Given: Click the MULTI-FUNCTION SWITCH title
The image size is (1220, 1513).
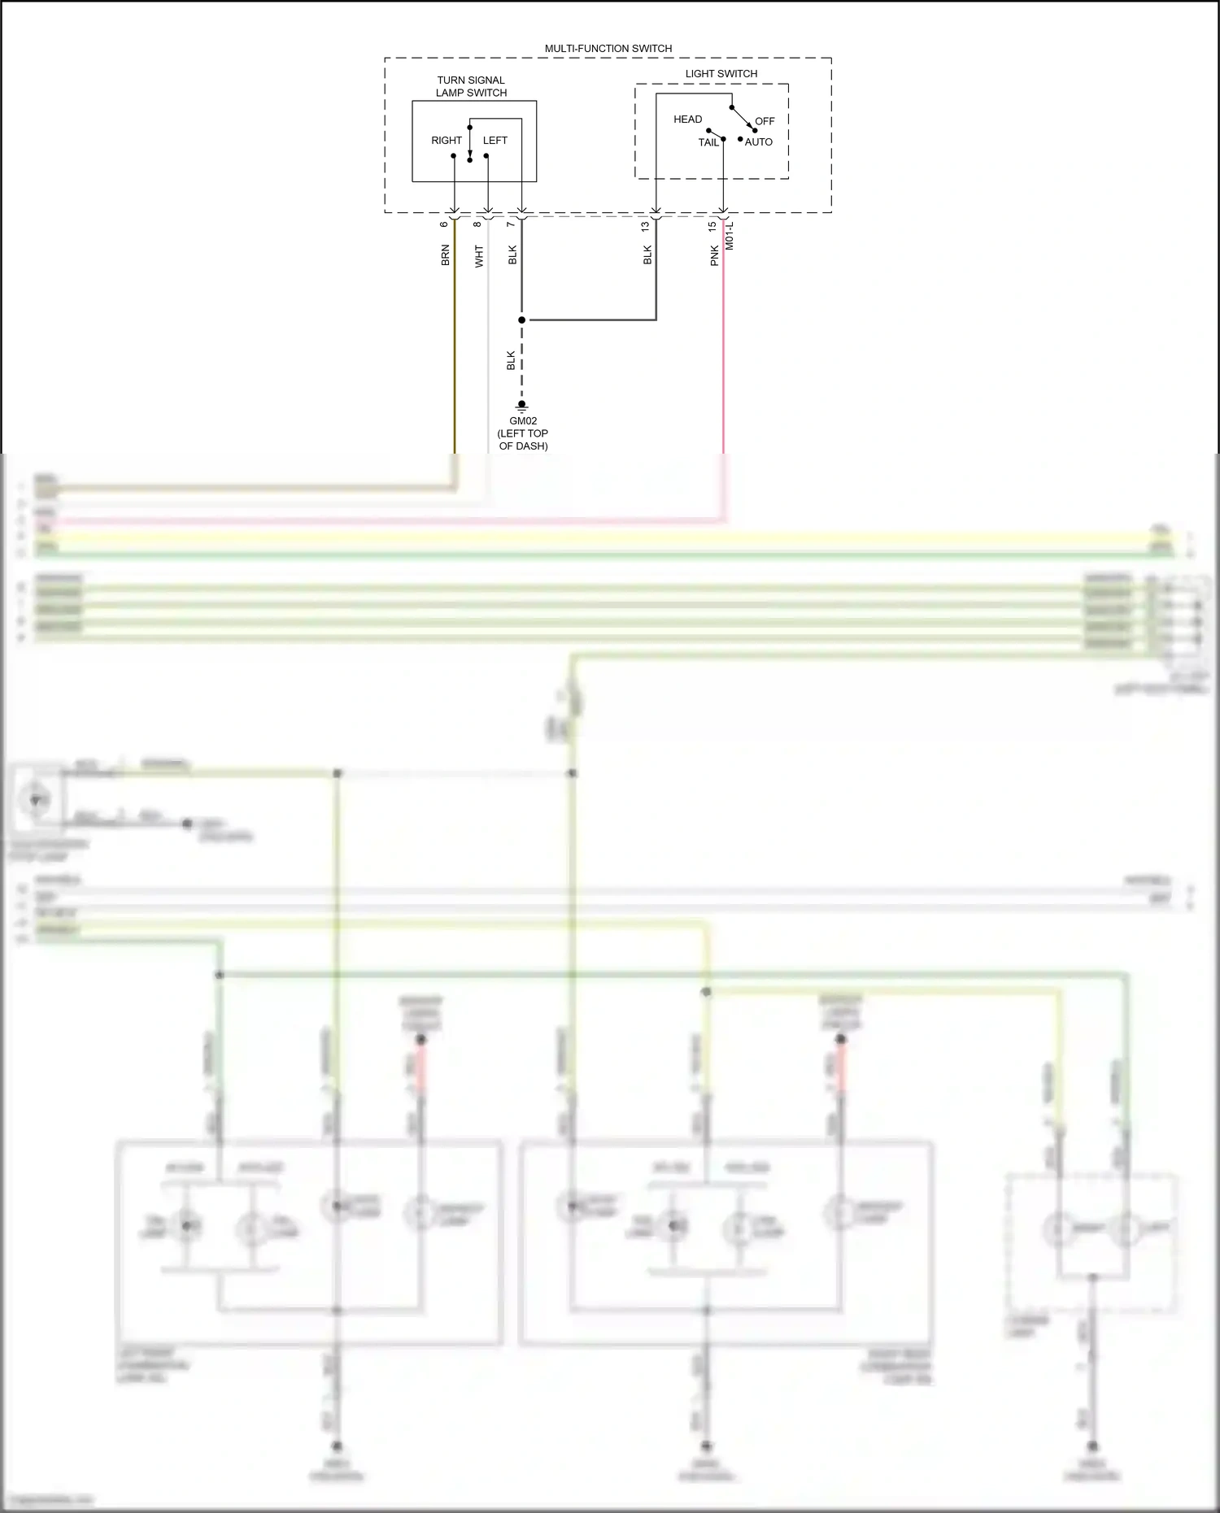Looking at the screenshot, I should [x=608, y=49].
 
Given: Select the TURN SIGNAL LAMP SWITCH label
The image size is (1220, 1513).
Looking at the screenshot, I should [x=471, y=86].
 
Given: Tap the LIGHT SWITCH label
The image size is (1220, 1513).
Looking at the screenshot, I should [x=721, y=74].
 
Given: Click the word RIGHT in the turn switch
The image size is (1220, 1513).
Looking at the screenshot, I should [x=447, y=141].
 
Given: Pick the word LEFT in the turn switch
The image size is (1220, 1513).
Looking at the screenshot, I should [x=495, y=141].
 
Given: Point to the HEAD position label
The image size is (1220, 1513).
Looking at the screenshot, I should [x=687, y=120].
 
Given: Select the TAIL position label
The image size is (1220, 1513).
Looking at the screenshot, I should [x=708, y=142].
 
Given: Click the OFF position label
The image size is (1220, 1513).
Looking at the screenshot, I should [x=765, y=121].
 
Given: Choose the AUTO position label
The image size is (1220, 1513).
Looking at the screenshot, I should [x=759, y=142].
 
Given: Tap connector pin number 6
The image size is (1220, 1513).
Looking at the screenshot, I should [x=444, y=224].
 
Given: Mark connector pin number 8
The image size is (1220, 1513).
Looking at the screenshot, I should [x=477, y=224].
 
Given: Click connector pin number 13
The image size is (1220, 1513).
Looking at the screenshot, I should [x=645, y=227].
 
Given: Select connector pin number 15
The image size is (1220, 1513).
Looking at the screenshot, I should [x=712, y=227].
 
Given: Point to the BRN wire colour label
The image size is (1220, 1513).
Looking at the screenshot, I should [x=445, y=255].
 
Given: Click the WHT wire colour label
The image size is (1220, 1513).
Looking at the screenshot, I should [x=479, y=256].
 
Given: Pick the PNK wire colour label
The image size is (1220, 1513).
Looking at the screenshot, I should [x=714, y=255].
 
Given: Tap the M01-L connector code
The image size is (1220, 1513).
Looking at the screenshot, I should [x=730, y=235].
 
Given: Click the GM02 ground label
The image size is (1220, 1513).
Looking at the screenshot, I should [x=523, y=421].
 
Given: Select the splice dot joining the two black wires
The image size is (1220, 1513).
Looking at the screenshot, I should [x=522, y=320].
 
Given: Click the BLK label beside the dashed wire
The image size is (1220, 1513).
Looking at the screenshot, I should [x=511, y=360].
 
